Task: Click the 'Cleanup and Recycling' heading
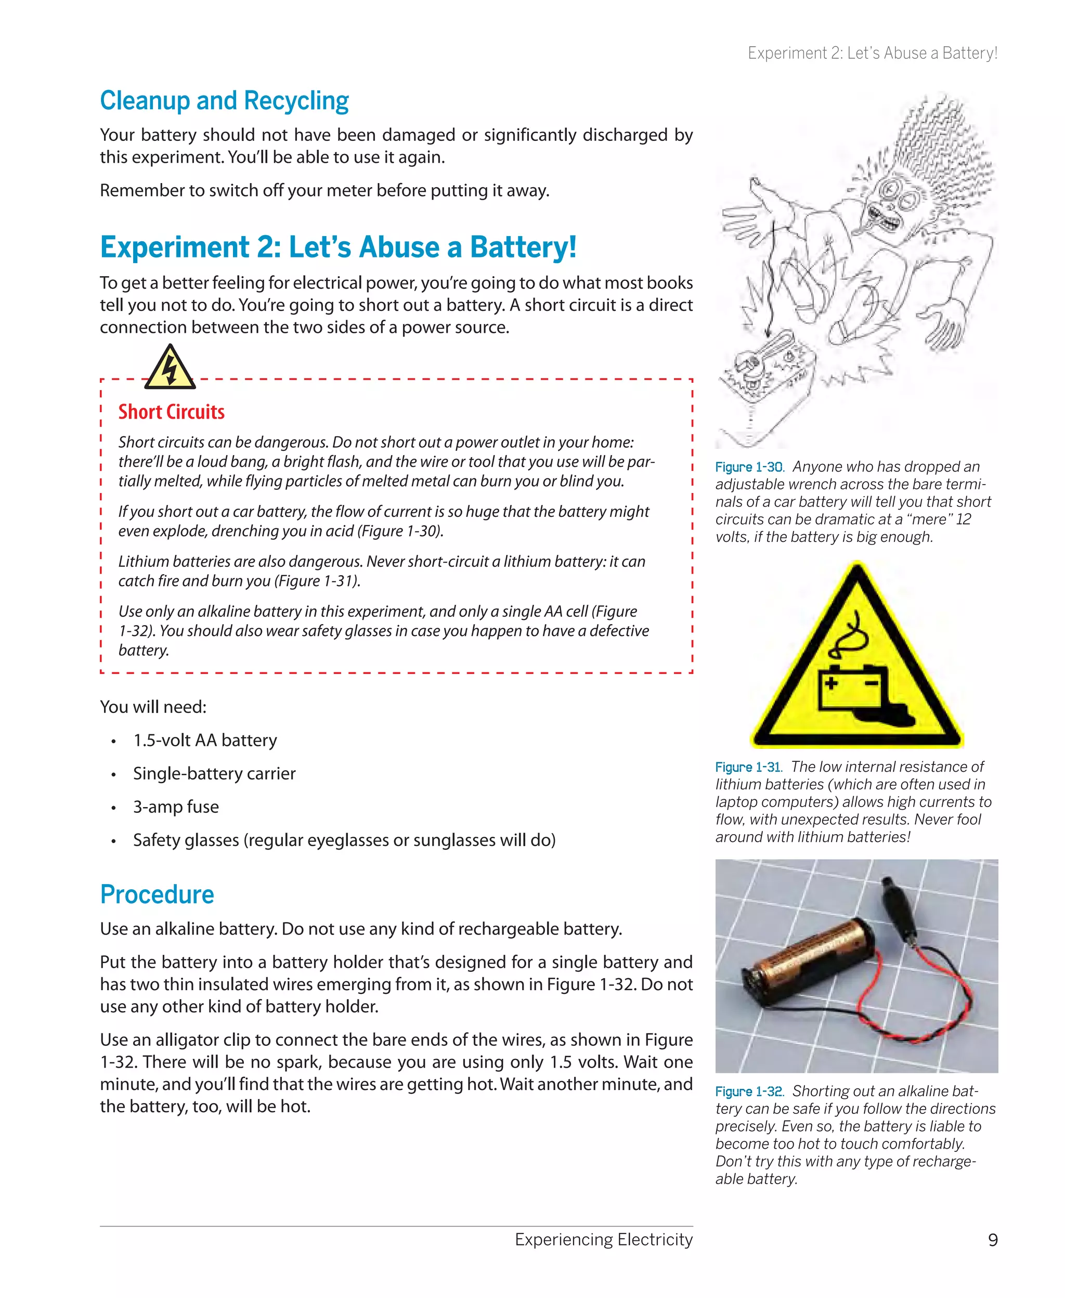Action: (224, 100)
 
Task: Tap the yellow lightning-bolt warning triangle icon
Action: (170, 369)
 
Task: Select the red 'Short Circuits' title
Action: (171, 412)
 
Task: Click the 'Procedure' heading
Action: (157, 894)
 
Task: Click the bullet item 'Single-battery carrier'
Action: (214, 773)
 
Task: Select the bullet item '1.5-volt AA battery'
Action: (205, 741)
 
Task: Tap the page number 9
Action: (993, 1240)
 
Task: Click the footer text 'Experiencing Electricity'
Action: (603, 1239)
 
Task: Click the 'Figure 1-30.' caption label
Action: (749, 468)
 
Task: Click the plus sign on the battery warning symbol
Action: (832, 683)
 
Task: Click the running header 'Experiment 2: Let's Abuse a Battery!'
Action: (872, 54)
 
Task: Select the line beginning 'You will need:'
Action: (153, 707)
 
